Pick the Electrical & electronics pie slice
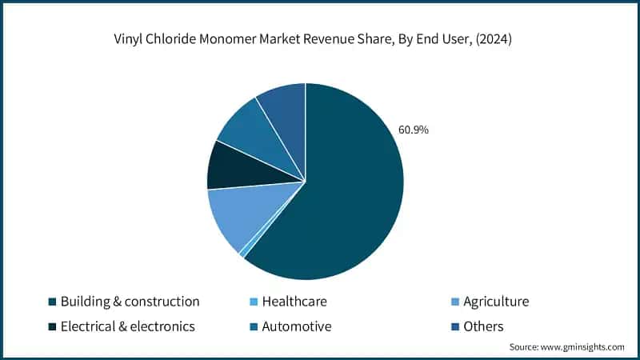pos(234,166)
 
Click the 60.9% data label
pos(412,129)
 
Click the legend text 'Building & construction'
pos(130,302)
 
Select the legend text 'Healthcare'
pos(294,302)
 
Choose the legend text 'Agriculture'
pos(496,302)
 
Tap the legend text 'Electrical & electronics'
pos(128,326)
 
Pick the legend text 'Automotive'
pos(297,326)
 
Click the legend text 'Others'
pos(483,326)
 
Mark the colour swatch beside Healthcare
pos(254,302)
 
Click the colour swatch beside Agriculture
pos(456,302)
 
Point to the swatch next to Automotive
pos(254,327)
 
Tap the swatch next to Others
pos(456,327)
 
